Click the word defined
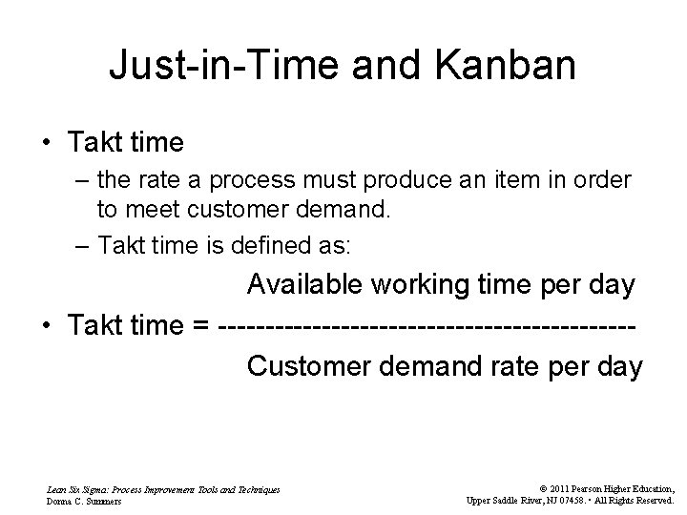[279, 245]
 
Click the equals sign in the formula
[200, 326]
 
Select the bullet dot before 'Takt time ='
[45, 326]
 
